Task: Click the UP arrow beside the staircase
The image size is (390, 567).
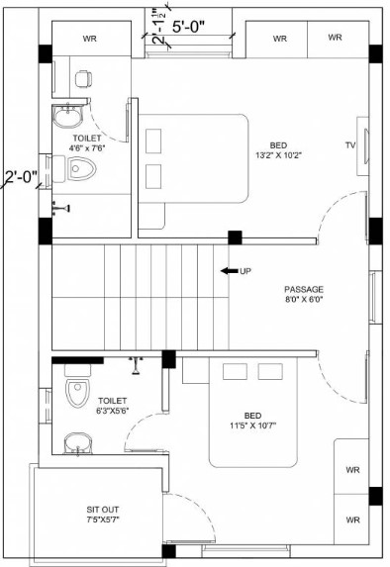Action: pyautogui.click(x=230, y=271)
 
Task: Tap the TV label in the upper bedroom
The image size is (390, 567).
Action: pyautogui.click(x=349, y=145)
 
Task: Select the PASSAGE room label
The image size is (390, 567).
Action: pyautogui.click(x=304, y=289)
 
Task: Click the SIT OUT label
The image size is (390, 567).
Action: pyautogui.click(x=103, y=510)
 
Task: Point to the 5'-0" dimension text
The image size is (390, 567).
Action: pyautogui.click(x=188, y=27)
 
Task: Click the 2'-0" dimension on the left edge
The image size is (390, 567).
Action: pyautogui.click(x=22, y=177)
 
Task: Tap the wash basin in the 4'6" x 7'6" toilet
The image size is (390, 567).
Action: pyautogui.click(x=68, y=116)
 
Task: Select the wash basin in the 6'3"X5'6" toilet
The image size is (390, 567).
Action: pyautogui.click(x=78, y=443)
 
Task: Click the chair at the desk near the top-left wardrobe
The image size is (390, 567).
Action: pyautogui.click(x=83, y=79)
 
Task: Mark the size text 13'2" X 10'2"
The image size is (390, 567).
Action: pyautogui.click(x=278, y=155)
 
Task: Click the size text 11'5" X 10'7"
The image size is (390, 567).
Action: pyautogui.click(x=252, y=425)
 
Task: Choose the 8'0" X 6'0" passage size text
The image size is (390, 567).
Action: pyautogui.click(x=304, y=299)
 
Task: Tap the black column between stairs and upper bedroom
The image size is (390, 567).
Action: pyautogui.click(x=235, y=237)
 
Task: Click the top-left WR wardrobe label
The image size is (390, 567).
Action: pyautogui.click(x=90, y=39)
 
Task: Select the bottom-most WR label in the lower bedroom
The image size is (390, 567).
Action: pyautogui.click(x=352, y=520)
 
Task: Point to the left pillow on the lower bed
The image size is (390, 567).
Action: pyautogui.click(x=235, y=372)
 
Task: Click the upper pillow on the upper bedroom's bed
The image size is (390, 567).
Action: pyautogui.click(x=153, y=141)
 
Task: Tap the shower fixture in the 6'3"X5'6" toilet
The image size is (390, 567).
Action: pyautogui.click(x=136, y=365)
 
